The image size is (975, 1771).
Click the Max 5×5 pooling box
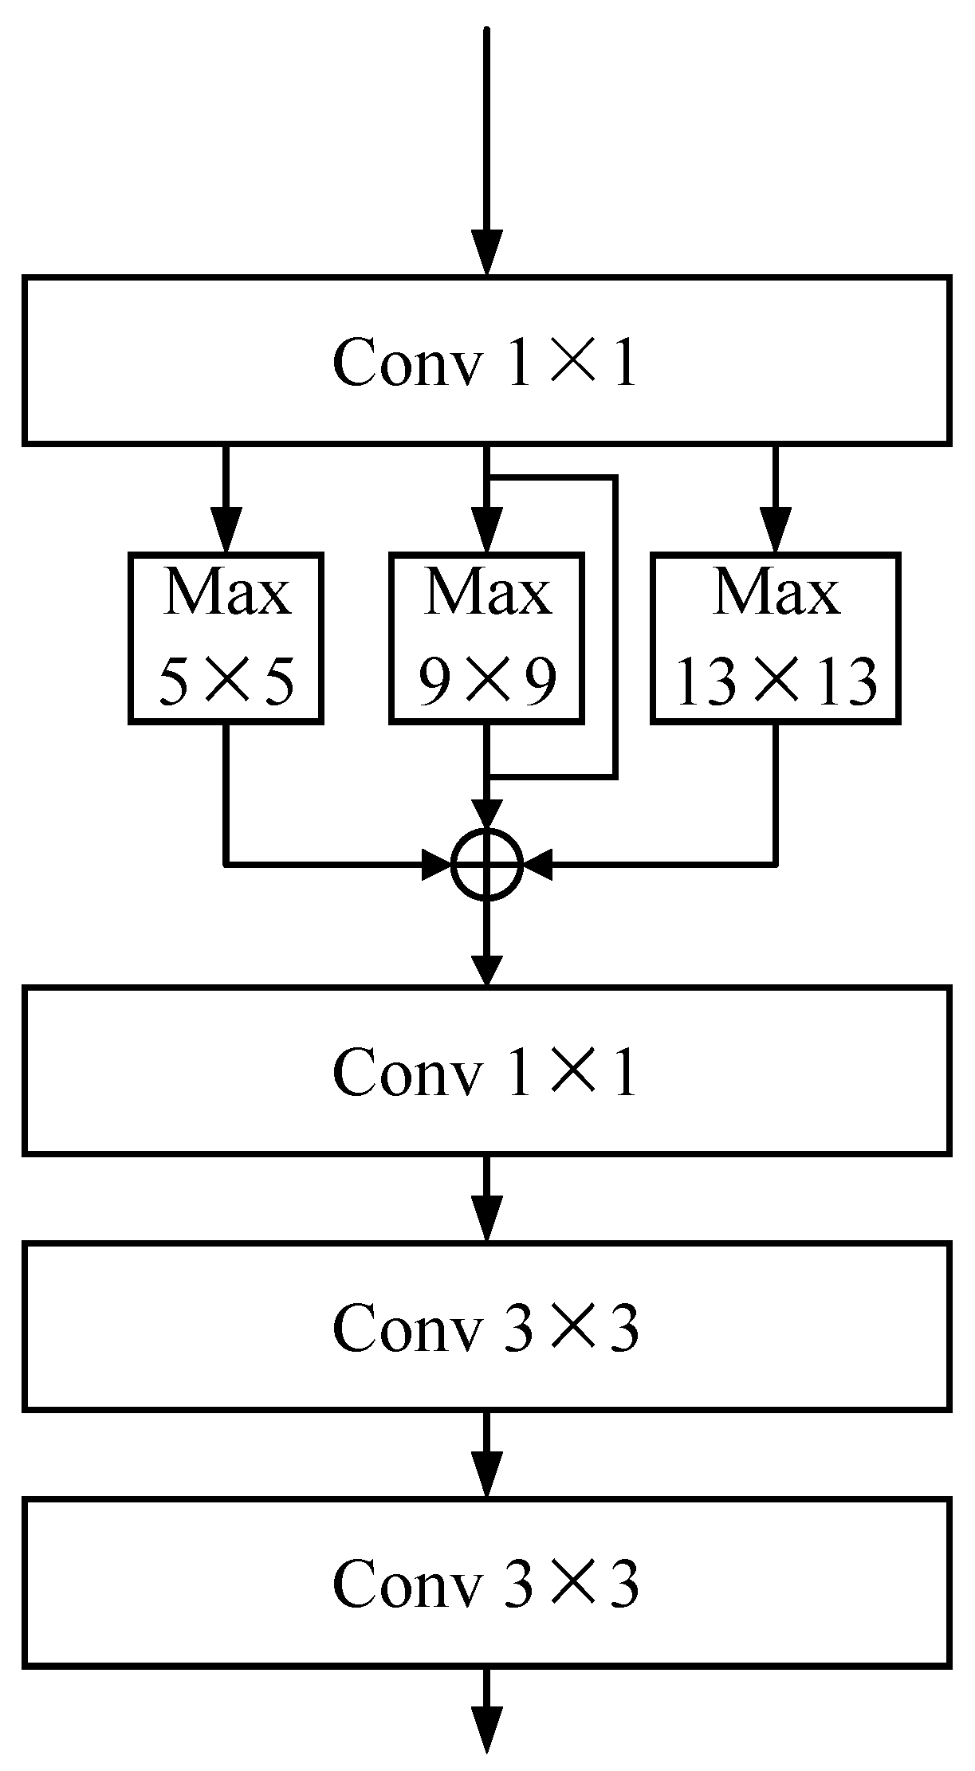(226, 638)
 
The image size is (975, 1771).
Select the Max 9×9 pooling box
(486, 638)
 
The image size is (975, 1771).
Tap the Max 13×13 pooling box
(775, 638)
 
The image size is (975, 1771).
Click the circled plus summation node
(486, 864)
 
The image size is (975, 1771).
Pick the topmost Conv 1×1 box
(486, 359)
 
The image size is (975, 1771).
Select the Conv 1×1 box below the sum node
(486, 1070)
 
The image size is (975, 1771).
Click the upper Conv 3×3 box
(486, 1326)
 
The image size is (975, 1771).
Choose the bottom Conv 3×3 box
(486, 1582)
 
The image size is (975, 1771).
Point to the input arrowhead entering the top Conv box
(486, 253)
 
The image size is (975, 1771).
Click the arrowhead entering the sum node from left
(437, 864)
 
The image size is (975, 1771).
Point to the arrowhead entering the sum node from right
(537, 864)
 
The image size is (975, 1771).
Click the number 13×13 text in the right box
(775, 682)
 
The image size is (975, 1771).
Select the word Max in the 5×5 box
(226, 594)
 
